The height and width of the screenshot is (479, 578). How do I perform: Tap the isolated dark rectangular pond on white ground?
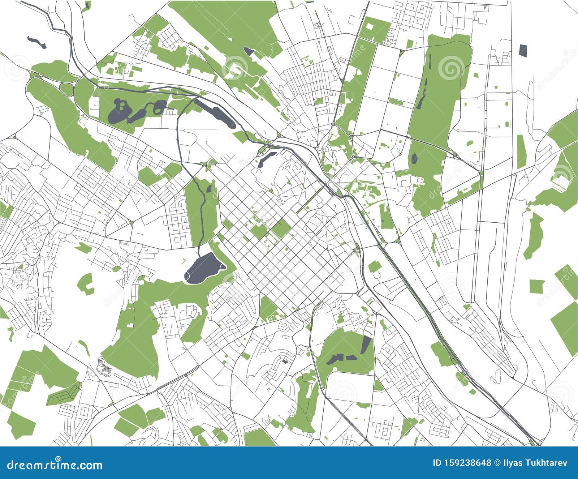tap(523, 50)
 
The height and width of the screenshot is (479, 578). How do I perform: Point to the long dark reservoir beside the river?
tap(215, 113)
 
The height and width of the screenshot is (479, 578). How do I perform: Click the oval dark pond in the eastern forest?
tap(414, 158)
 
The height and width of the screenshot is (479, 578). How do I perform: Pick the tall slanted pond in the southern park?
tap(366, 345)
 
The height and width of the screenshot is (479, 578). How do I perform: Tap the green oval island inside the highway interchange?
tap(66, 89)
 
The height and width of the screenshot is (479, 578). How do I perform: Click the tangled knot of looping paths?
tap(104, 366)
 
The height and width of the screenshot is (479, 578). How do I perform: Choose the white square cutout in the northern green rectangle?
tap(370, 26)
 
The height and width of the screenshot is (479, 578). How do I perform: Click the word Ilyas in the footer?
tap(513, 463)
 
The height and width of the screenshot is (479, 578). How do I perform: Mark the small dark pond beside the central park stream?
tap(209, 188)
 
